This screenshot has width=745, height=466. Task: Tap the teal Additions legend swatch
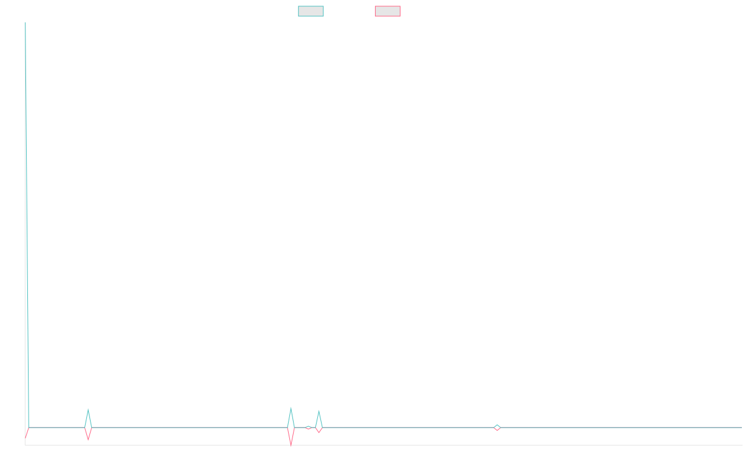click(x=311, y=11)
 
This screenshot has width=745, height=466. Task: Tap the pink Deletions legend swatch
click(x=388, y=11)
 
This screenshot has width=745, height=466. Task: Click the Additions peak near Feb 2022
click(x=88, y=409)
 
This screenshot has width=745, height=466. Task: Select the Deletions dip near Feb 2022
click(x=88, y=440)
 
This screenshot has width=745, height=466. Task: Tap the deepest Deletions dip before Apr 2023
click(x=291, y=445)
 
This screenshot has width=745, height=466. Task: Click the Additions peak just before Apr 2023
click(x=291, y=408)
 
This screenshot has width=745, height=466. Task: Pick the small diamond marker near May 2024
click(x=497, y=427)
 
